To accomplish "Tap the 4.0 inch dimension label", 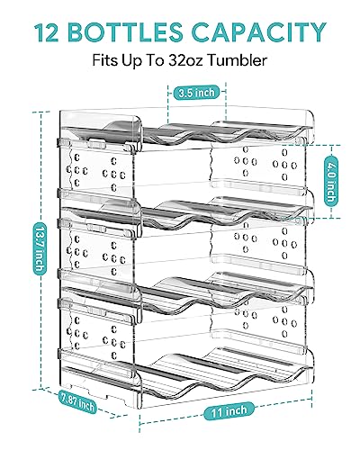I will [x=332, y=167].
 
